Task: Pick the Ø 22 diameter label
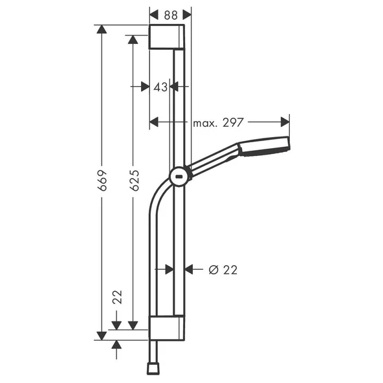(x=223, y=270)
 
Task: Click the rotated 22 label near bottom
(x=117, y=297)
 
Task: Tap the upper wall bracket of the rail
(x=168, y=38)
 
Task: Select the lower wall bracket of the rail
(x=168, y=327)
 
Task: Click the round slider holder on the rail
(x=179, y=175)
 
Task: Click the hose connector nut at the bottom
(x=154, y=367)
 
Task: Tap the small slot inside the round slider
(x=179, y=175)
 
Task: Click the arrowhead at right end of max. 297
(x=285, y=122)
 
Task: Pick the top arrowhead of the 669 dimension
(x=101, y=30)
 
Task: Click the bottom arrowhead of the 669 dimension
(x=101, y=334)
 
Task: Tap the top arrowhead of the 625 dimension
(x=133, y=40)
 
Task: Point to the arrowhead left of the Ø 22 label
(x=189, y=269)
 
